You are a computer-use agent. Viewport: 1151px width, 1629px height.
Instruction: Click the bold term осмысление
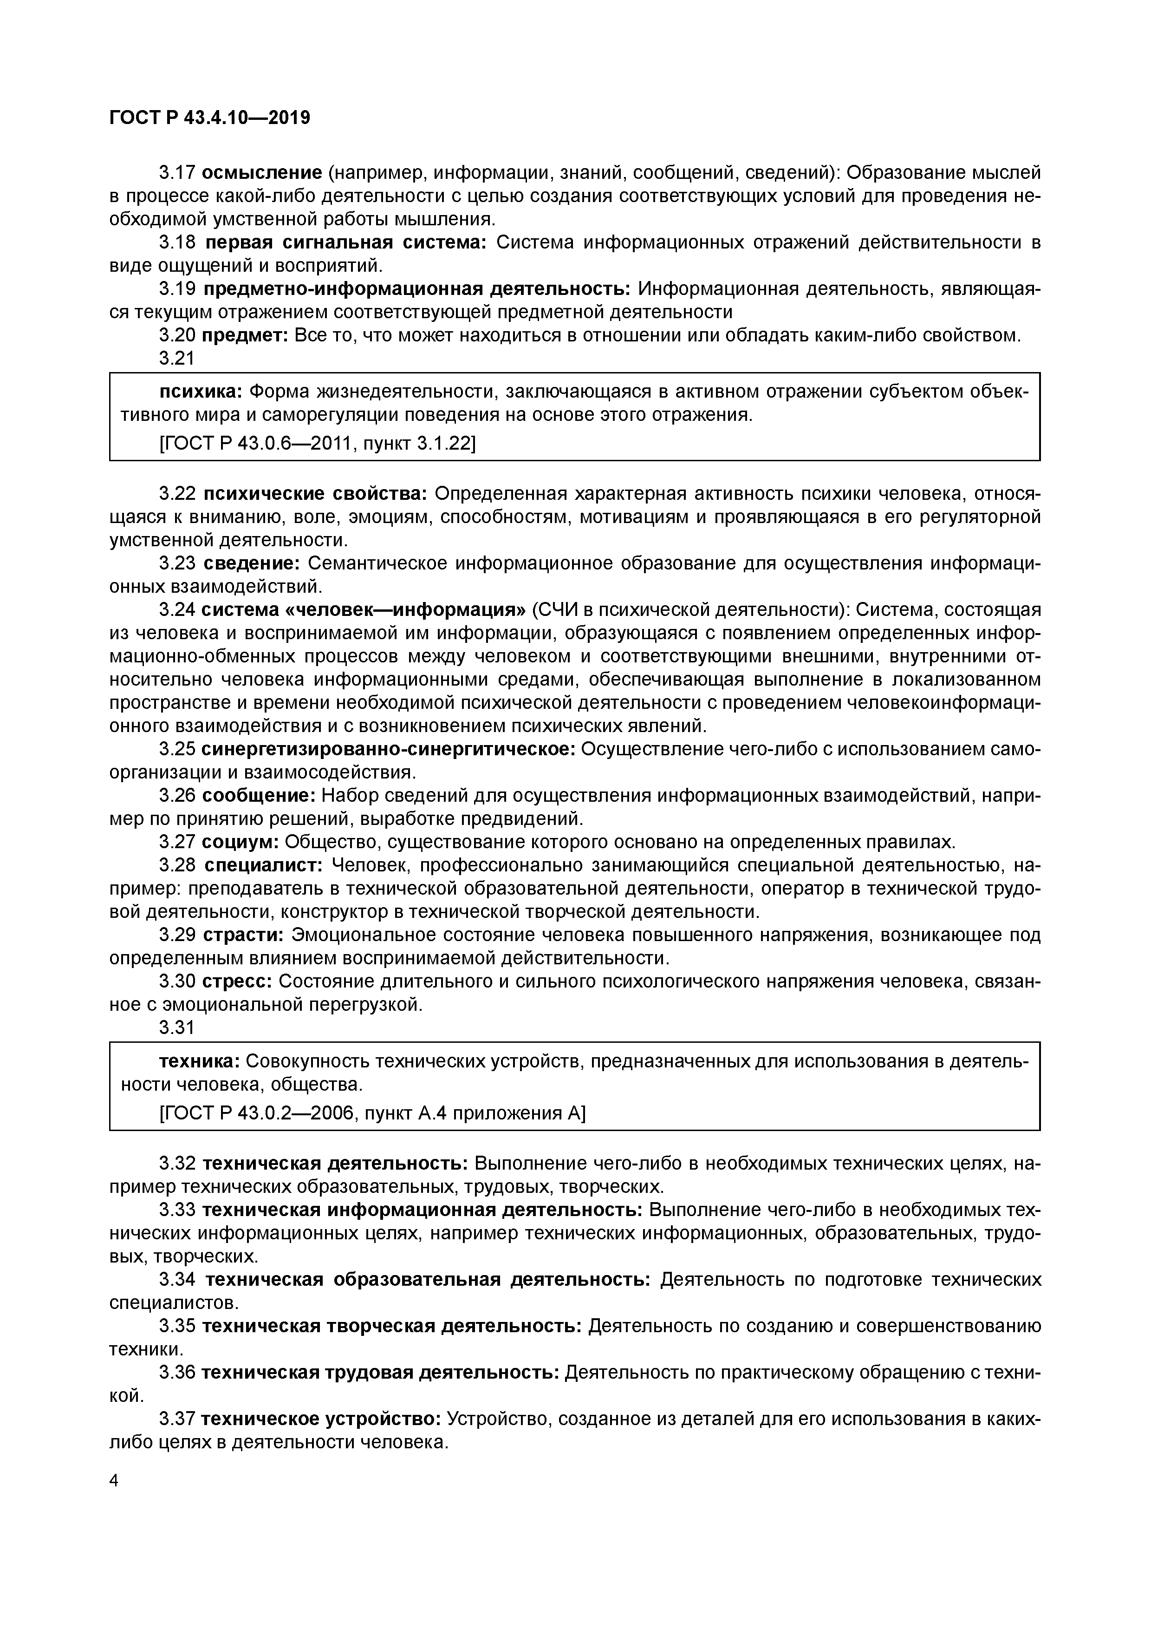(262, 172)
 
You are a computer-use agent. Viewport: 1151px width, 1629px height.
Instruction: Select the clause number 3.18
(176, 242)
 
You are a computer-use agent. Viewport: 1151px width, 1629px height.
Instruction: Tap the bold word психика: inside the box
(201, 392)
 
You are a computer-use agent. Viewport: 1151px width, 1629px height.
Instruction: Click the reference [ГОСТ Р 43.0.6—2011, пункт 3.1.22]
(317, 444)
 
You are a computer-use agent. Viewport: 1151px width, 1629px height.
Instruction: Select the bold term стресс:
(238, 981)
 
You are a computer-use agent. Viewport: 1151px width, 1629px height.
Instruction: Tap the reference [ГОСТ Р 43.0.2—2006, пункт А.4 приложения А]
(372, 1113)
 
